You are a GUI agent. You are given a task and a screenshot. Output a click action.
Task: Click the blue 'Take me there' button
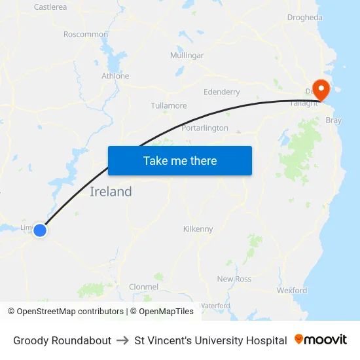[x=180, y=160]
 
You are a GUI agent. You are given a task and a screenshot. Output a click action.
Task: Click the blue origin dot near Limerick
[x=40, y=230]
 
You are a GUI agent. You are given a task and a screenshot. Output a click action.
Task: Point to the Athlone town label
[x=115, y=76]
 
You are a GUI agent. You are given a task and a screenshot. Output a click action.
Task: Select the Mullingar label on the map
[x=187, y=55]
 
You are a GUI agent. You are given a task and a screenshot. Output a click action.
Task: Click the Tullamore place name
[x=169, y=105]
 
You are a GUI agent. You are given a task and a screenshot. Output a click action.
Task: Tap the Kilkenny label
[x=198, y=229]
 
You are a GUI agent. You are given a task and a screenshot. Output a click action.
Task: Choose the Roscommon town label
[x=86, y=34]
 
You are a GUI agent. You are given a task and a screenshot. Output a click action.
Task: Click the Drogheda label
[x=304, y=18]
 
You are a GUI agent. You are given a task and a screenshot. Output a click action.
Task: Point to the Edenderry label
[x=222, y=92]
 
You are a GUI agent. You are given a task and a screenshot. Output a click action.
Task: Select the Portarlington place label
[x=205, y=128]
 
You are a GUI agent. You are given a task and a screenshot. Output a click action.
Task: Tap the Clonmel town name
[x=143, y=287]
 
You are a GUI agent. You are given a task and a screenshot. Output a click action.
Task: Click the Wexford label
[x=292, y=290]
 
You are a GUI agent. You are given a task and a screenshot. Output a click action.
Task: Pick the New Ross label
[x=234, y=279]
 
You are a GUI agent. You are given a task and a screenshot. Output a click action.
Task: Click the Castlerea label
[x=50, y=7]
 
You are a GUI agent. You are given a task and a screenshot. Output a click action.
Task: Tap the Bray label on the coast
[x=334, y=120]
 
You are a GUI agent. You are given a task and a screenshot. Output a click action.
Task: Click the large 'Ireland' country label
[x=111, y=192]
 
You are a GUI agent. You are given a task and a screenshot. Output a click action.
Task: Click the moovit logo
[x=321, y=340]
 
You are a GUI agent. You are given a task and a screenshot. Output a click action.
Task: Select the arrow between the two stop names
[x=122, y=340]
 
